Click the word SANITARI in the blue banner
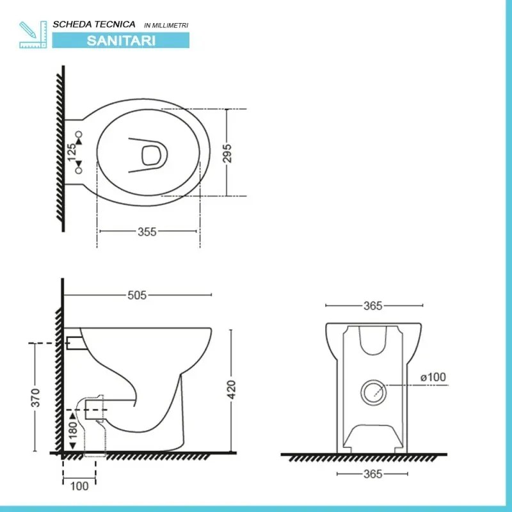(x=120, y=39)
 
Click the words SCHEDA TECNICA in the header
(x=94, y=24)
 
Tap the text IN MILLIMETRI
(x=166, y=25)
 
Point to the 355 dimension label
(x=147, y=232)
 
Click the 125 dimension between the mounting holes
(x=72, y=152)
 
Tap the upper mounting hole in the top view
(x=79, y=134)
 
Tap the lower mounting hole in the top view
(x=79, y=171)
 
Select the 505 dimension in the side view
(x=138, y=295)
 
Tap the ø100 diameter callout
(x=433, y=378)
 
